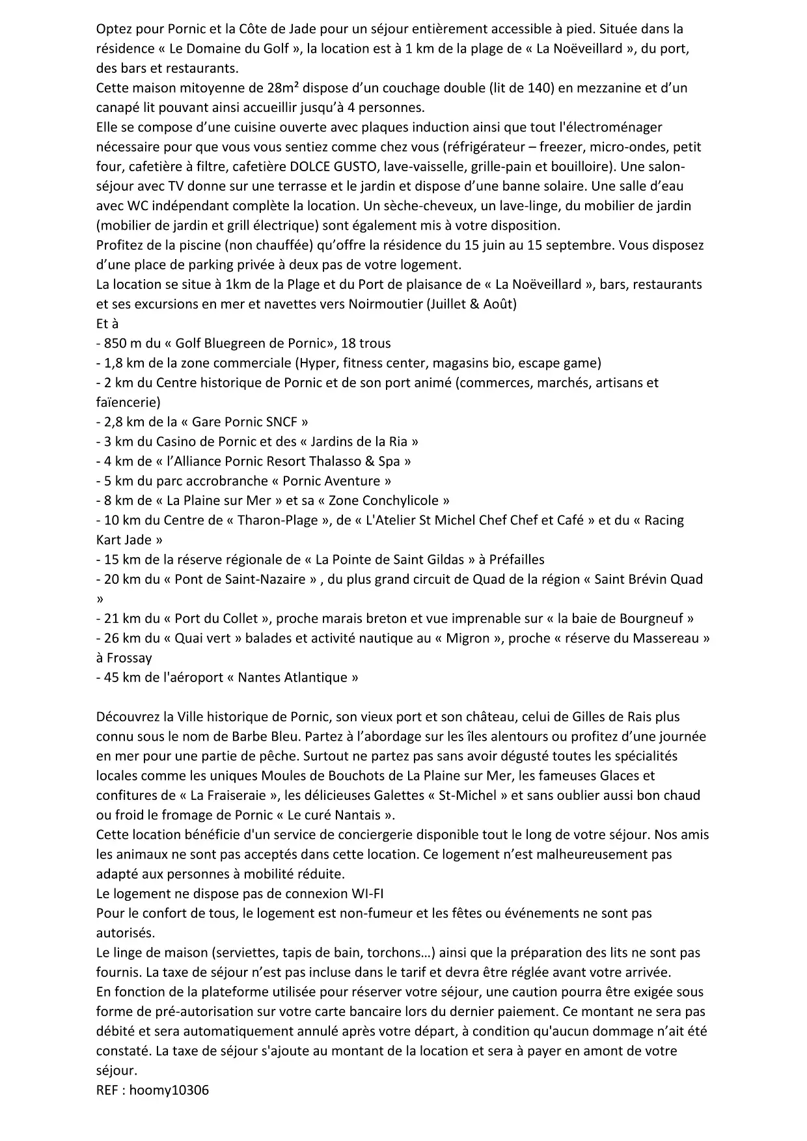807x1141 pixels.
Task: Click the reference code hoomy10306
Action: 169,1090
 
